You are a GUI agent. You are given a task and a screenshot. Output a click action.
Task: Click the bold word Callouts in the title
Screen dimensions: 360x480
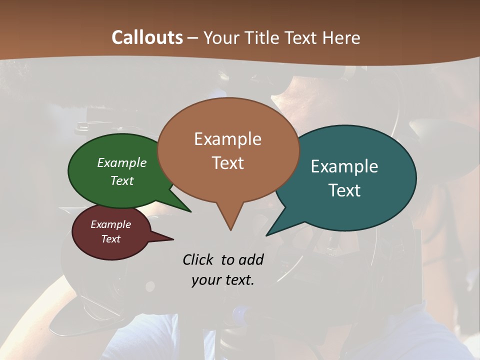pyautogui.click(x=147, y=37)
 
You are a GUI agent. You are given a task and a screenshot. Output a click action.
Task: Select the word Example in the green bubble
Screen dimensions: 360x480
pyautogui.click(x=122, y=162)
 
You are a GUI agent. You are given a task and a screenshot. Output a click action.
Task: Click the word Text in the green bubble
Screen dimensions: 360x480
pyautogui.click(x=122, y=180)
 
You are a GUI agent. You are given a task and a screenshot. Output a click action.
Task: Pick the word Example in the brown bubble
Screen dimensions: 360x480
pyautogui.click(x=227, y=139)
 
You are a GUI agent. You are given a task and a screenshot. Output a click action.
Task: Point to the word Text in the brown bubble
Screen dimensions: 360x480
pyautogui.click(x=227, y=163)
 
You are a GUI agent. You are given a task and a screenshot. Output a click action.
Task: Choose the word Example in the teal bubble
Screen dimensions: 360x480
pyautogui.click(x=344, y=166)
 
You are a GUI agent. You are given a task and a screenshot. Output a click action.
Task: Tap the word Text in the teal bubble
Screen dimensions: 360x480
pyautogui.click(x=344, y=190)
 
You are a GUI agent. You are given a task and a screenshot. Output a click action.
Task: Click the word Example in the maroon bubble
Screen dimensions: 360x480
pyautogui.click(x=110, y=224)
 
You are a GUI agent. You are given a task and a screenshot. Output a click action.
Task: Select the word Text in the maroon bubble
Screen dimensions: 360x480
pyautogui.click(x=110, y=239)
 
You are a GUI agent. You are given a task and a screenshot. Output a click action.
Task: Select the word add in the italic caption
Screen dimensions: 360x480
pyautogui.click(x=250, y=259)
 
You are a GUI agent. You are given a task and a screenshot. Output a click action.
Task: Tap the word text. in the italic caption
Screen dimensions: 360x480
pyautogui.click(x=238, y=280)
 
